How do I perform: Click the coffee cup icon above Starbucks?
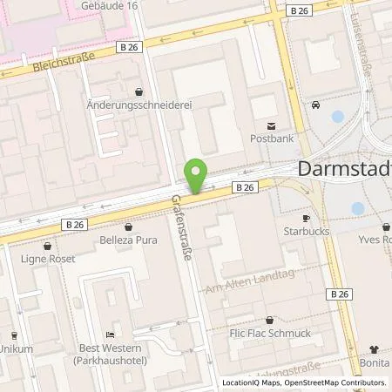(x=306, y=218)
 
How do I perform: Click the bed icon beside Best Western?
(x=109, y=335)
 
